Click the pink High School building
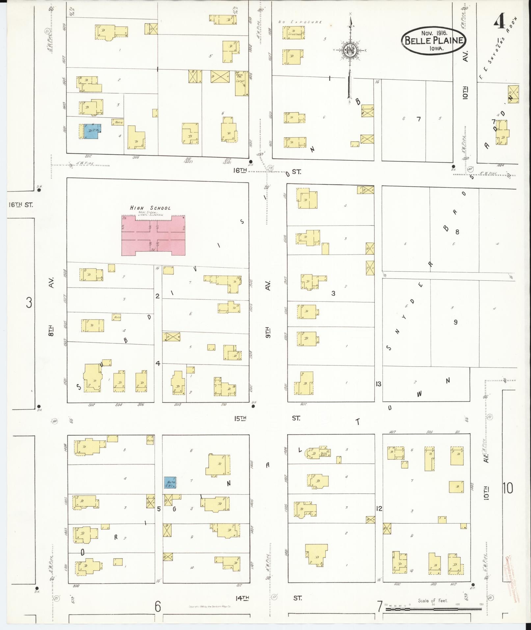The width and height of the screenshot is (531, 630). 153,236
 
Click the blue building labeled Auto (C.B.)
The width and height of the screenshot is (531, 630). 170,483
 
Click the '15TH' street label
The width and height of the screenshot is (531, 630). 240,418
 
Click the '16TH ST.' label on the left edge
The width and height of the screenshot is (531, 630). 20,205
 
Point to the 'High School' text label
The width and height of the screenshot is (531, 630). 150,208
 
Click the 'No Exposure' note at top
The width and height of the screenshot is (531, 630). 300,22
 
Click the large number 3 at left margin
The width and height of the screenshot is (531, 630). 29,302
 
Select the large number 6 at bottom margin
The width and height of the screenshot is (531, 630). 158,606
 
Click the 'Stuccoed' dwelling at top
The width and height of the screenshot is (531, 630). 293,33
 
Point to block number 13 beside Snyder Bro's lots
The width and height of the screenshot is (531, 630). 378,384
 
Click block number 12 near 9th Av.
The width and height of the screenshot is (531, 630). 379,509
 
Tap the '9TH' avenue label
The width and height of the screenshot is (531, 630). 268,333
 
